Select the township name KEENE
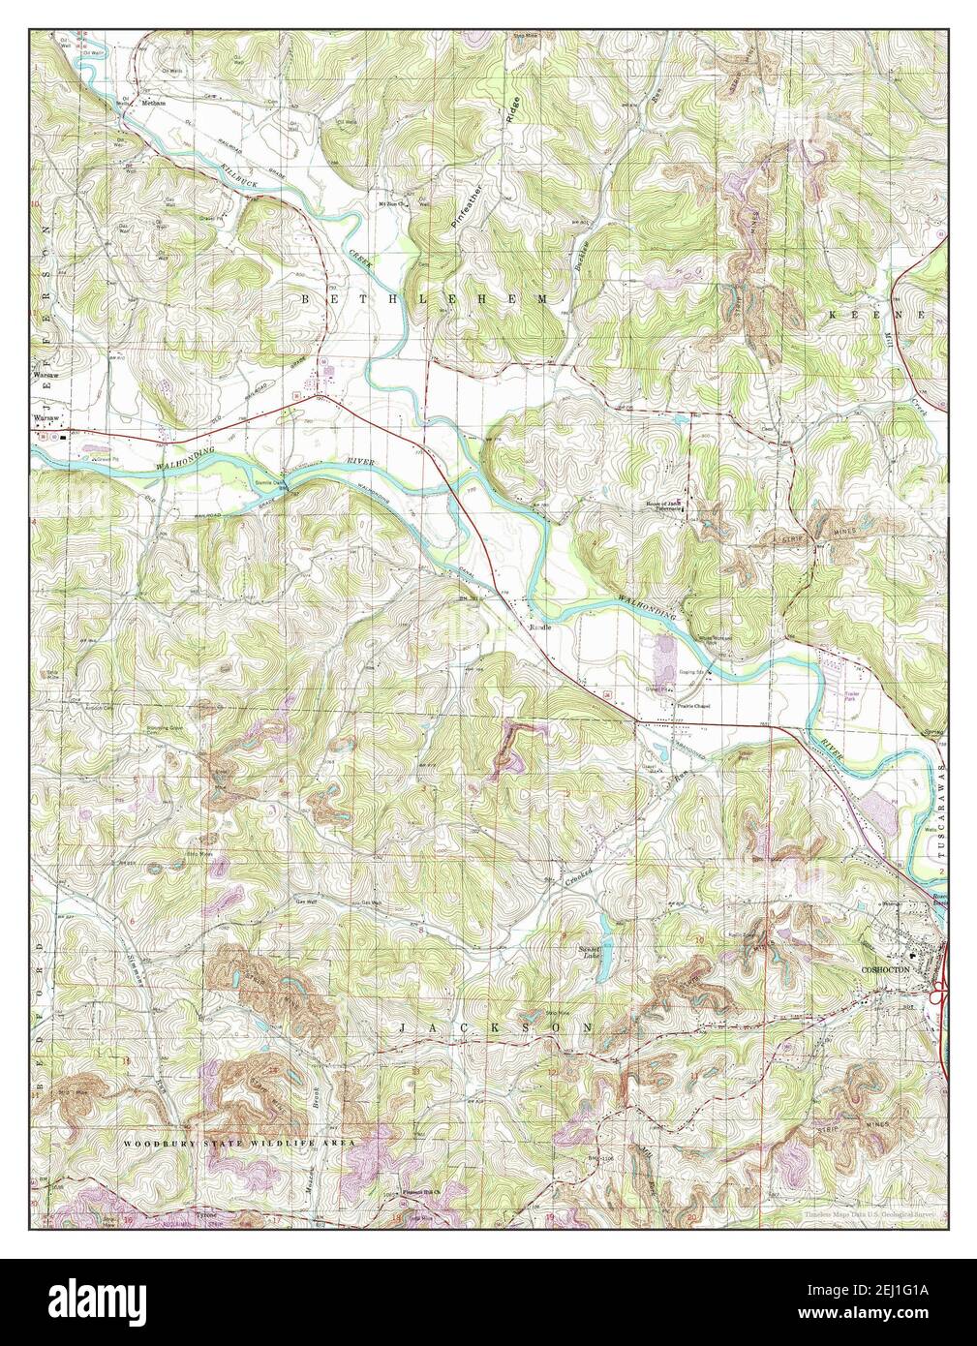coord(877,316)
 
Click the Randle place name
coord(540,627)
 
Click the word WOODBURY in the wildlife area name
coord(158,1144)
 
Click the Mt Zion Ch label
coord(392,201)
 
